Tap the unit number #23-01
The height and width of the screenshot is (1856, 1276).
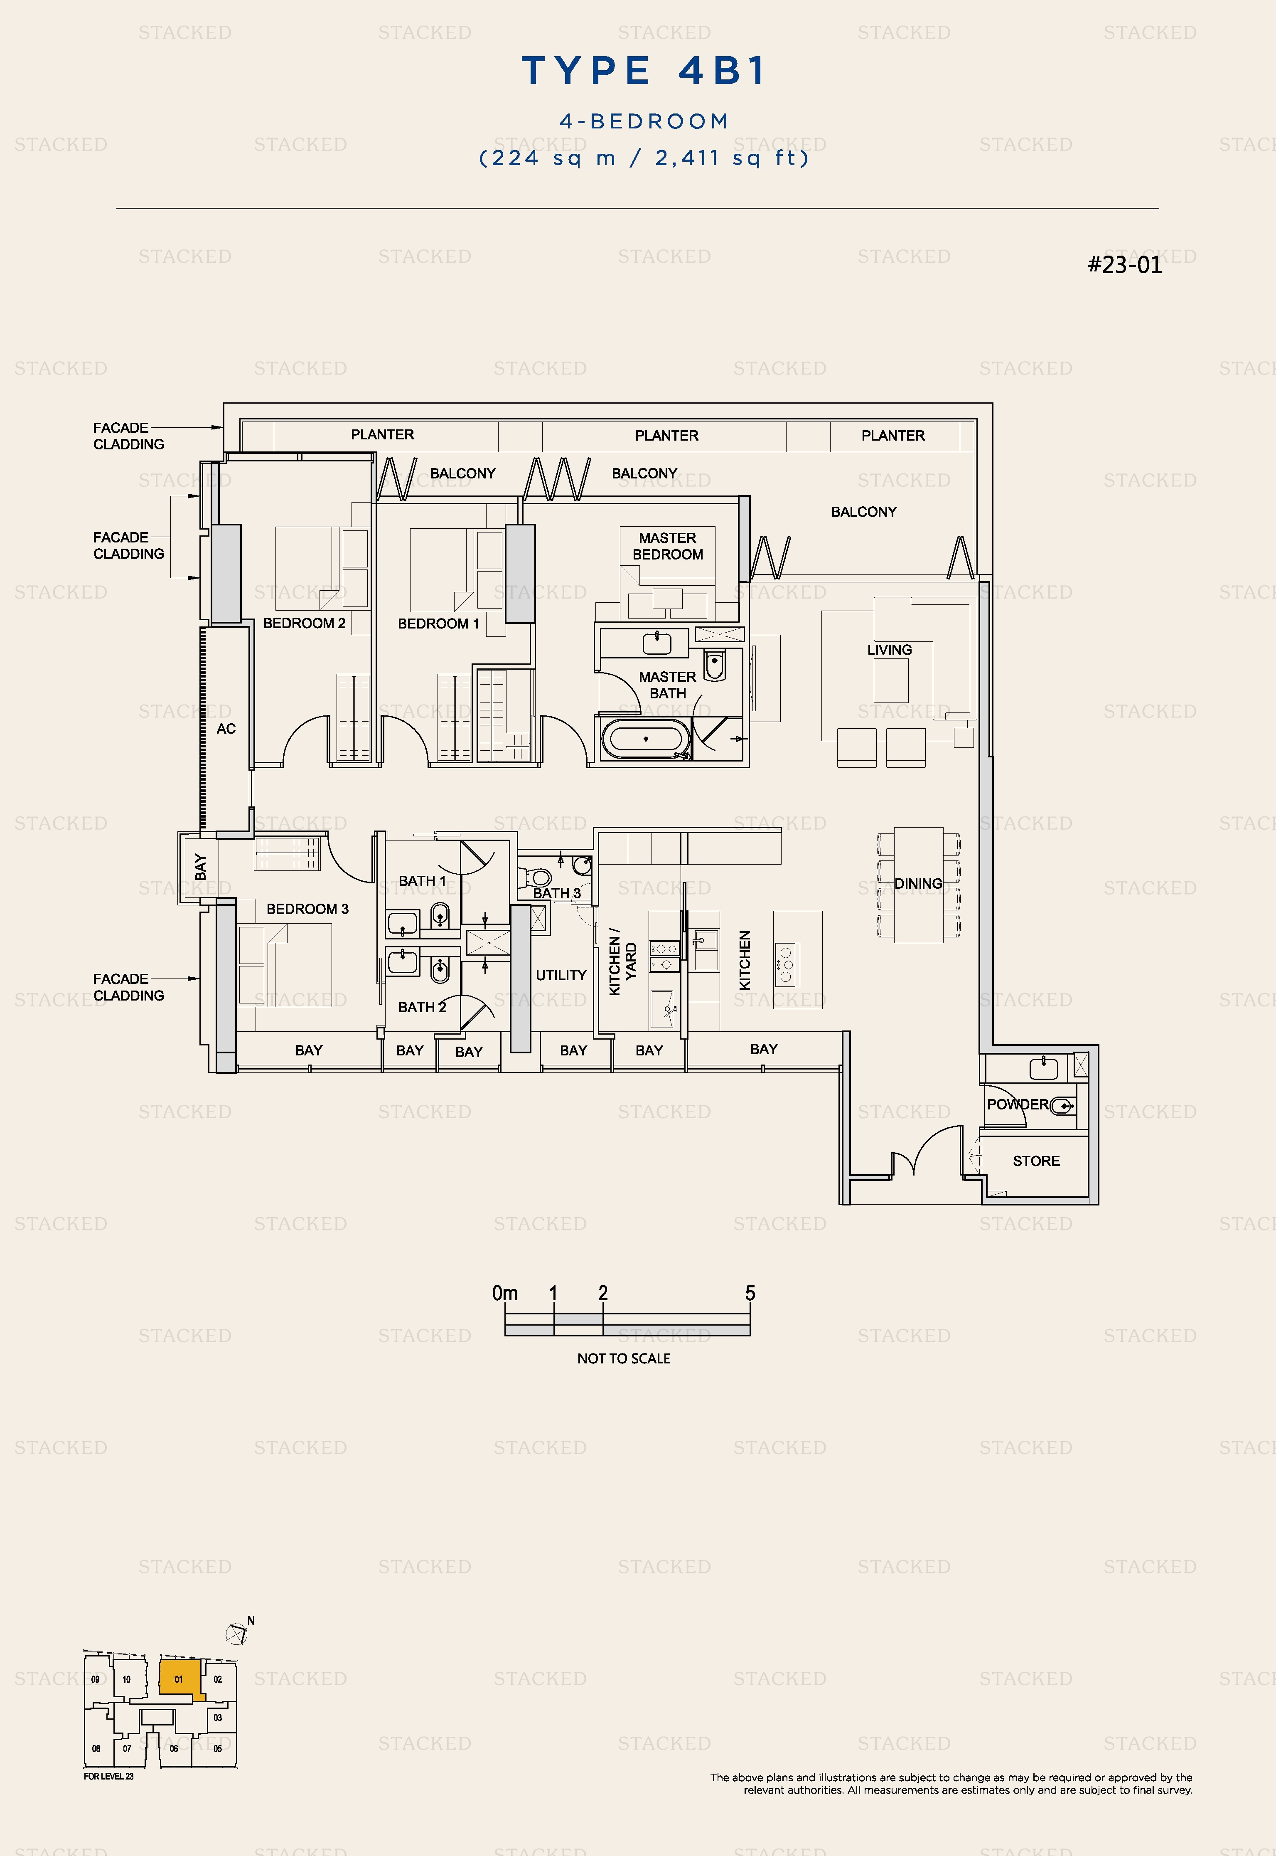(1125, 265)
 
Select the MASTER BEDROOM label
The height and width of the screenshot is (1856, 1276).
(668, 546)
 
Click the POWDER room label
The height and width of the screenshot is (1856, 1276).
(1017, 1104)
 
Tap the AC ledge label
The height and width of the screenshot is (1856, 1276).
(226, 729)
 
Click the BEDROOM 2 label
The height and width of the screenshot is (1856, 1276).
(305, 623)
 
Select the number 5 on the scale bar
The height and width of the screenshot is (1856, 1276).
(750, 1293)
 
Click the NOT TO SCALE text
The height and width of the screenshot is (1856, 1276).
(624, 1358)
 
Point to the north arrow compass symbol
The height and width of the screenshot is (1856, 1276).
(237, 1634)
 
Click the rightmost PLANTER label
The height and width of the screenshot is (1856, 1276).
(893, 436)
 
